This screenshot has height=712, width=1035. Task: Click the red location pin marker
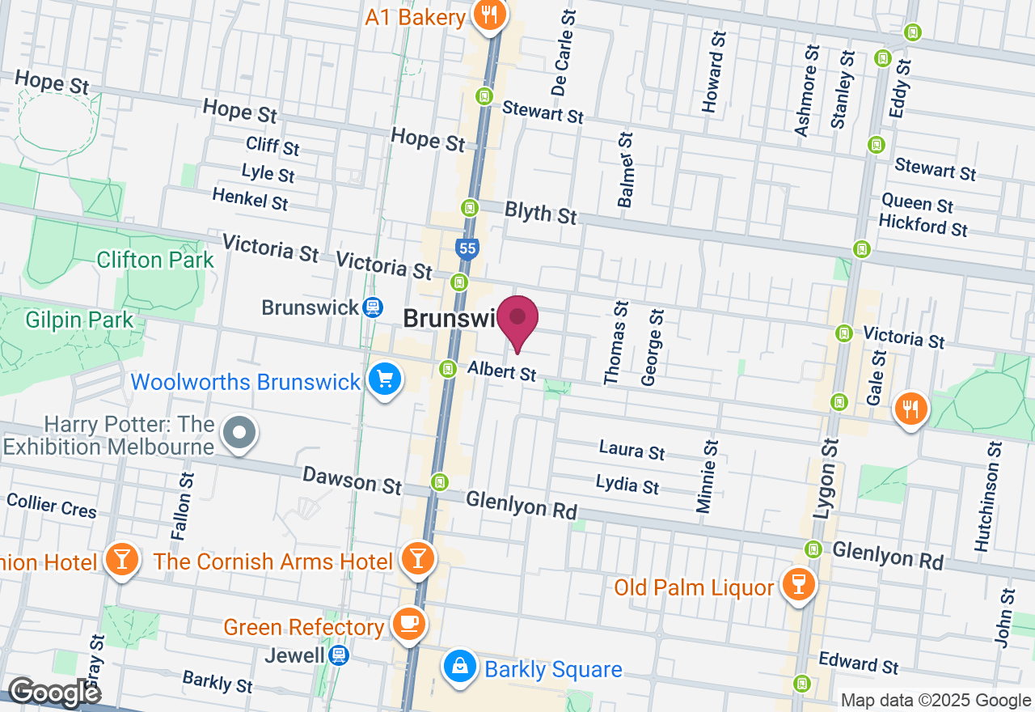point(517,319)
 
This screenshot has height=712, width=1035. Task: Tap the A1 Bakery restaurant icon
point(489,15)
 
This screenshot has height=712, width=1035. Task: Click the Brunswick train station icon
point(372,307)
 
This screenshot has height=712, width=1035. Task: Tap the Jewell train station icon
point(340,655)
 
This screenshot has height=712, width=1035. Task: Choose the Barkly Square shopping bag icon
point(459,666)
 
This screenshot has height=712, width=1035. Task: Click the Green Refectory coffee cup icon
point(409,622)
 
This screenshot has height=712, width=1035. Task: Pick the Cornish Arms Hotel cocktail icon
point(417,557)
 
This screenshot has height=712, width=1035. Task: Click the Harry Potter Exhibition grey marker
point(239,432)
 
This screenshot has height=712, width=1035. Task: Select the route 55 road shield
point(467,248)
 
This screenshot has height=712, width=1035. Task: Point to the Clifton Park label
point(155,260)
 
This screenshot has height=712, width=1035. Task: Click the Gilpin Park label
point(79,320)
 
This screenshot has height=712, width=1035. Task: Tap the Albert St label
point(502,371)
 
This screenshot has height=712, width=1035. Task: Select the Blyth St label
point(541,213)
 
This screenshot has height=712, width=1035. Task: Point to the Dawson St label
point(352,480)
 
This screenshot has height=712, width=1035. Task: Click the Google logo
point(53,693)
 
